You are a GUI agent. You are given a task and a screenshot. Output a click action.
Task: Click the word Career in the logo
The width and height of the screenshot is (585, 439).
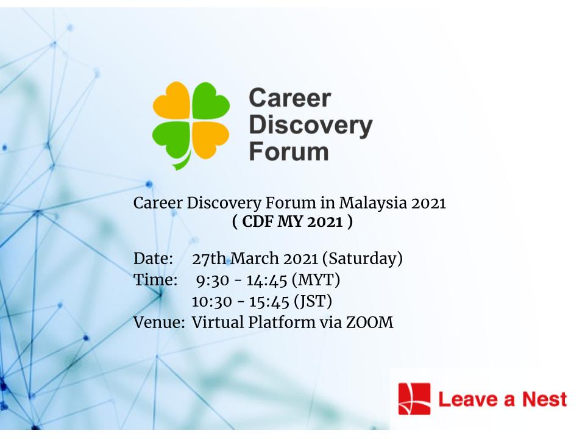point(290,99)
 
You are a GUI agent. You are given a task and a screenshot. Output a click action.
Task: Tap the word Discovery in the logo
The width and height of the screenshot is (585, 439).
point(311,126)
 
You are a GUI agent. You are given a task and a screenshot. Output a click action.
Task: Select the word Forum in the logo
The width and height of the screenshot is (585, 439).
point(289,151)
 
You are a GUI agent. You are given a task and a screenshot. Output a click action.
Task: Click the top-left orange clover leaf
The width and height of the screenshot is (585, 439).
point(172,101)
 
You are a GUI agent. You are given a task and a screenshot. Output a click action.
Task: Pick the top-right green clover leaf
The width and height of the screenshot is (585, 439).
point(210,101)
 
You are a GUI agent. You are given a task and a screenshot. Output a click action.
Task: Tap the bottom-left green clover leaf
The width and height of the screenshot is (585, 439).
point(171,140)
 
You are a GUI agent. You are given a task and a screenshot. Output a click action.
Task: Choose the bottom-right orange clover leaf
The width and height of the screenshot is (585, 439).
point(210,140)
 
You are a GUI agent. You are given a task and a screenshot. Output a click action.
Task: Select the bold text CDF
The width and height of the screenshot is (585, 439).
point(257,222)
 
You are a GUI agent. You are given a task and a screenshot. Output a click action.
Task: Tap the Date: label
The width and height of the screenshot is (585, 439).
point(154,259)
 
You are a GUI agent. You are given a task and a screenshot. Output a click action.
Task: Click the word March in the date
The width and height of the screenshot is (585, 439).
point(255,259)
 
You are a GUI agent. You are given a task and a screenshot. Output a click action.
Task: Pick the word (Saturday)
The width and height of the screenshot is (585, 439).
point(362,259)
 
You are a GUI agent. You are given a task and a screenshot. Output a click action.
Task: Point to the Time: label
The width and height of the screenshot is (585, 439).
point(155,280)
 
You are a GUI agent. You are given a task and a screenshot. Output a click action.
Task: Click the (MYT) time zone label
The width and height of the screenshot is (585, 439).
point(316,280)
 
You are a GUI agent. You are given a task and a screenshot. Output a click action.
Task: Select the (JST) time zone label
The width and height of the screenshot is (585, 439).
point(313,302)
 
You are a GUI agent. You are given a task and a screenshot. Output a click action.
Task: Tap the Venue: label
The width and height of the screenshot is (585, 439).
point(159,323)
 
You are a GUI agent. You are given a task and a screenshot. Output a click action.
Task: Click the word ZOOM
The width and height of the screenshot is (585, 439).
point(370,323)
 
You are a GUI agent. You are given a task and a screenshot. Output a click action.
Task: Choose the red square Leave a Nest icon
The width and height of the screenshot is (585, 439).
point(414,399)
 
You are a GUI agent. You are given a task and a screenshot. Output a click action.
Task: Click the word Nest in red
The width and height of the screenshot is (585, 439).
point(545,399)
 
